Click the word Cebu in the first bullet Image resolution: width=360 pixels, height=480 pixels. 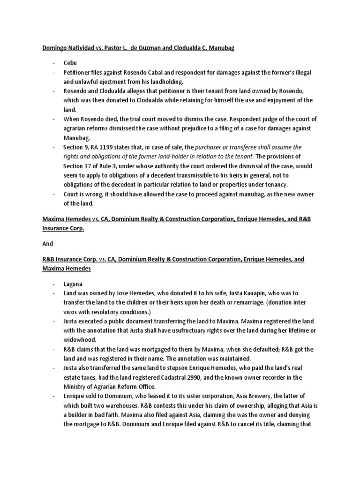(70, 63)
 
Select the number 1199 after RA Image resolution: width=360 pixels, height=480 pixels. (106, 147)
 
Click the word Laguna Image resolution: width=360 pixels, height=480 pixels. (74, 284)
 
